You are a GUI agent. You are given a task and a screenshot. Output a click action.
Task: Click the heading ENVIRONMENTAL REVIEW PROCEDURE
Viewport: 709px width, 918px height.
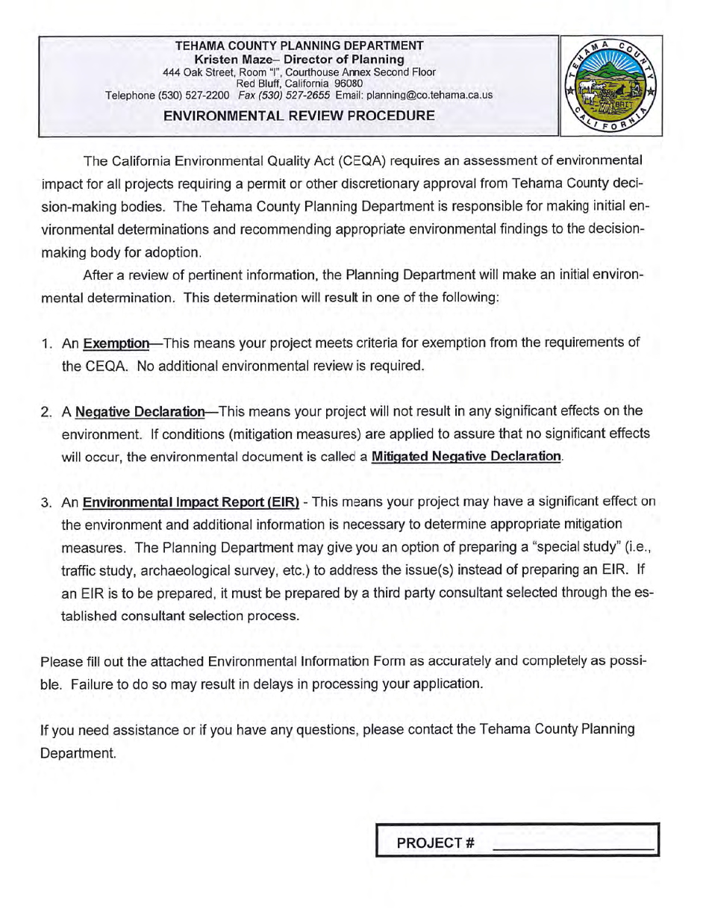click(299, 116)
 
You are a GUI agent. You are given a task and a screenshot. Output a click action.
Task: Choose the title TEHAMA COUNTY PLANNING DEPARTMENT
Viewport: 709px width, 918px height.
click(299, 46)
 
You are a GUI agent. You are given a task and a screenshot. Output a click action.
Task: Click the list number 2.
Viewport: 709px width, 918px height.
click(46, 411)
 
